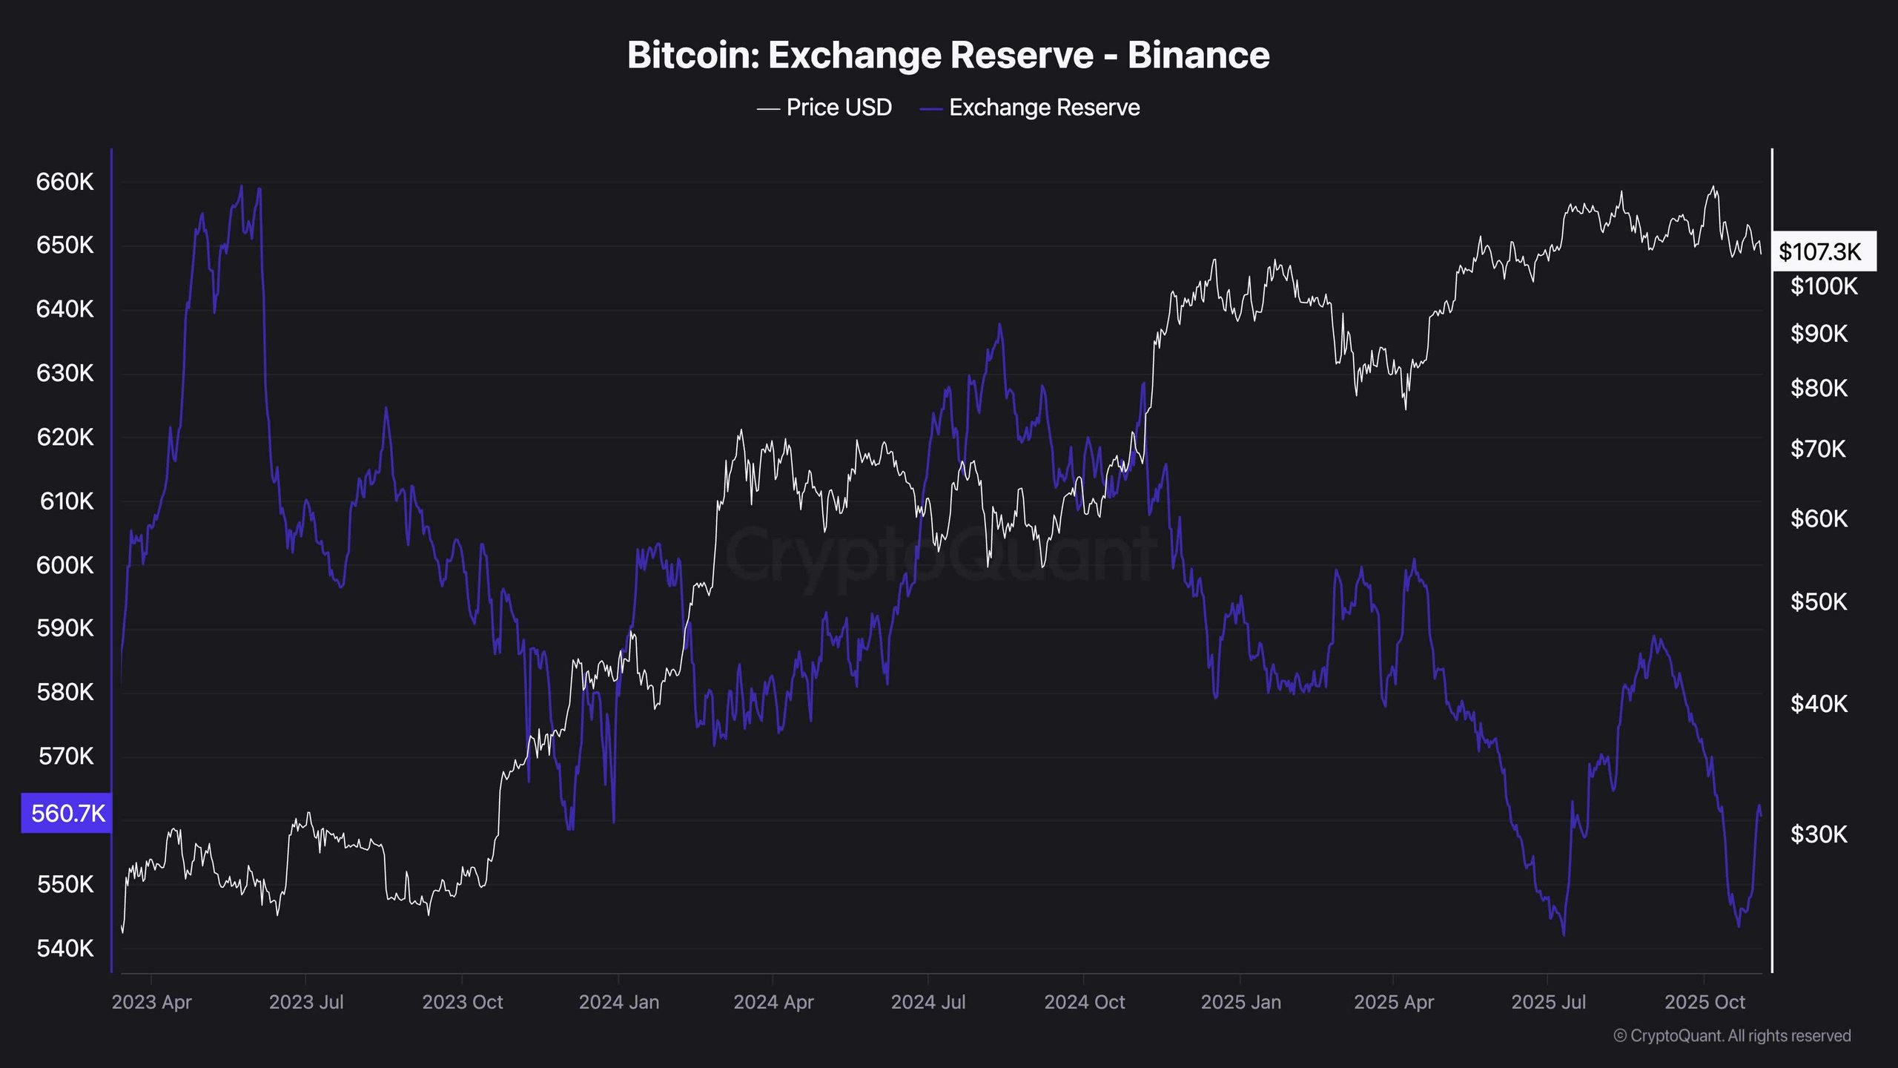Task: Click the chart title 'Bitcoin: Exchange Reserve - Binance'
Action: (948, 55)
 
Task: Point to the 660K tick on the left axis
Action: (65, 182)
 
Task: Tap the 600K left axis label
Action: (65, 565)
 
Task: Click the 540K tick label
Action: (65, 948)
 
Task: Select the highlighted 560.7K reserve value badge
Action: (67, 814)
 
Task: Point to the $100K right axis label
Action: (1824, 286)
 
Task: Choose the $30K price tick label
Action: (1819, 834)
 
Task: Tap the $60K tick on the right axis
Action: (1819, 518)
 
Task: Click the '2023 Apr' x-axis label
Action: (151, 1002)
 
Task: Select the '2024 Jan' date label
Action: (618, 1002)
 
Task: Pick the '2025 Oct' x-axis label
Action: (1704, 1002)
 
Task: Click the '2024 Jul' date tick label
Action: (927, 1002)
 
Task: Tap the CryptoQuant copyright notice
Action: (1732, 1035)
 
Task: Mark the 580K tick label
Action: (65, 692)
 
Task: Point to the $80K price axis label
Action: (1819, 388)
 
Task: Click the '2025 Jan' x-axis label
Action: (1240, 1002)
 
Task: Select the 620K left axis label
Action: (65, 437)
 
